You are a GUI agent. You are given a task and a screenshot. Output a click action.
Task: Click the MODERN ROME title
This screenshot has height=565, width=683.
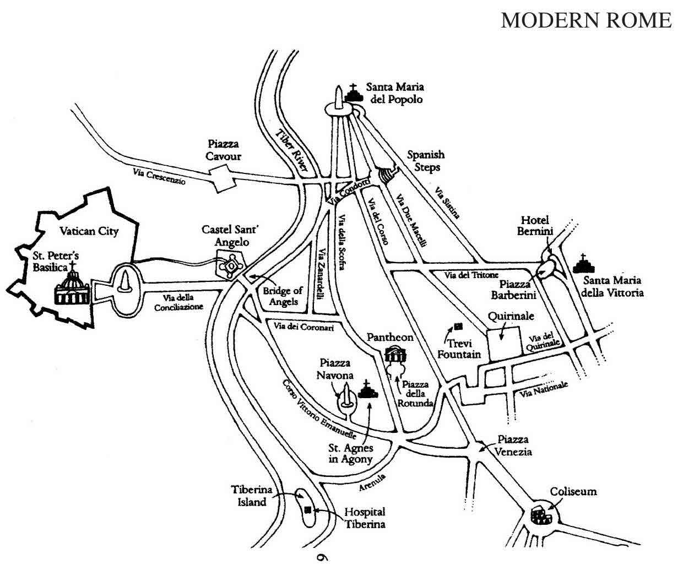click(x=586, y=20)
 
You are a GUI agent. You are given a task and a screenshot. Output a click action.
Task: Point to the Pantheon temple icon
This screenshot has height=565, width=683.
click(x=394, y=354)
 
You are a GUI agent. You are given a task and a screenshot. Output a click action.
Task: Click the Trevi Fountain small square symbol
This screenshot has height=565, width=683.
click(x=457, y=327)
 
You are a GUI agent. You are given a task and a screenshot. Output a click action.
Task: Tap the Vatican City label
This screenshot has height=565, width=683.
click(x=89, y=231)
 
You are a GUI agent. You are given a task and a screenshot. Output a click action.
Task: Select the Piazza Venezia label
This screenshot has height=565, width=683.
click(x=514, y=446)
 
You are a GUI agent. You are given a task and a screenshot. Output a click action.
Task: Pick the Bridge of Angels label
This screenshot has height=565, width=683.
click(x=283, y=296)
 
